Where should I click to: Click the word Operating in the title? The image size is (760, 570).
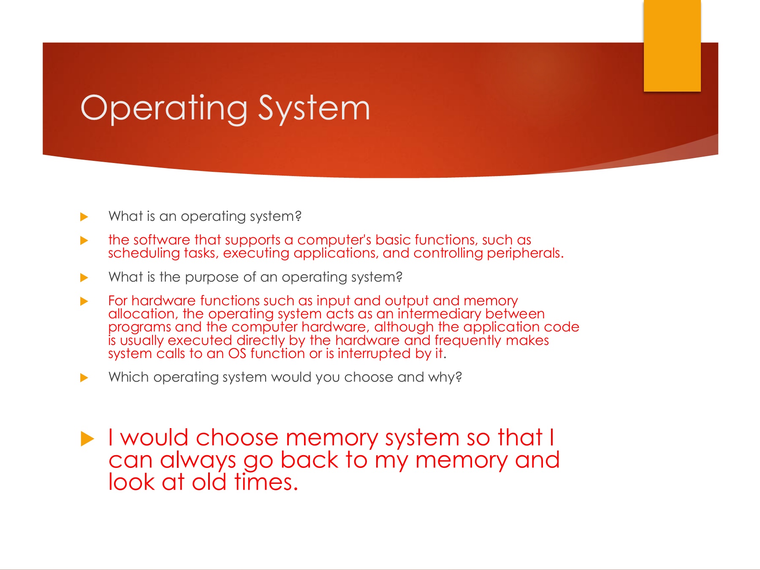click(x=164, y=109)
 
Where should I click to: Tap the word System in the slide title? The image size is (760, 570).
click(x=314, y=109)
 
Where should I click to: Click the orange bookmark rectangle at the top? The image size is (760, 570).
click(x=672, y=46)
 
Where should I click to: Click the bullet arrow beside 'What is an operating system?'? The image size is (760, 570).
click(x=84, y=217)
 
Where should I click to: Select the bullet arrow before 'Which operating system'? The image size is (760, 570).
click(x=84, y=377)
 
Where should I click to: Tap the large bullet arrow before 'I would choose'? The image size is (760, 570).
click(x=87, y=439)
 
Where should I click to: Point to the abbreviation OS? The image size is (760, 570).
click(x=237, y=353)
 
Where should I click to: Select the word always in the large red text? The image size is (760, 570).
click(x=198, y=460)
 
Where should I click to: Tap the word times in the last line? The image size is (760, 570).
click(x=266, y=482)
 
